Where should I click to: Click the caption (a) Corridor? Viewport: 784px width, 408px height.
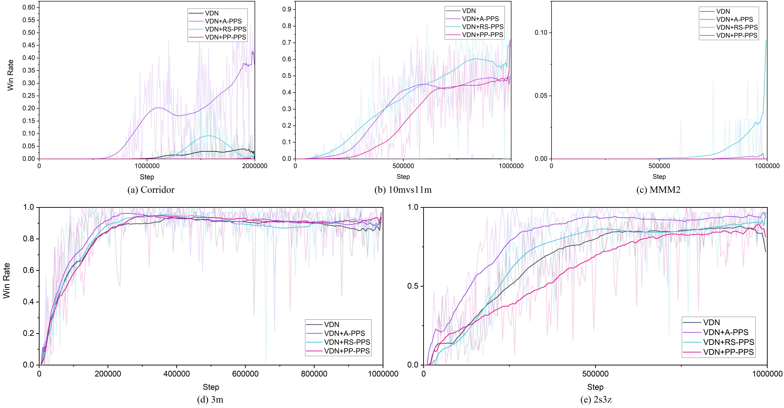151,190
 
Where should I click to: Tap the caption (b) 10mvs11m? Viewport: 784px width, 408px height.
403,190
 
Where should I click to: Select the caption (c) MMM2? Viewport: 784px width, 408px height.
658,190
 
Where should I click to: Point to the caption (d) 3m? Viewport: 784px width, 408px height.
210,399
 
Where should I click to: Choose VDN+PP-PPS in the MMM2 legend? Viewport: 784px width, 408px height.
737,35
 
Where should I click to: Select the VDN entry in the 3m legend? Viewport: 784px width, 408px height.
331,325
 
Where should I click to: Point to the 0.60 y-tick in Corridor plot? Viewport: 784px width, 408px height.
29,7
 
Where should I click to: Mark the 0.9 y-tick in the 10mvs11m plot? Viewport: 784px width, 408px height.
287,9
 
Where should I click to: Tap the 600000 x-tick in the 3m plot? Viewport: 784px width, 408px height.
245,374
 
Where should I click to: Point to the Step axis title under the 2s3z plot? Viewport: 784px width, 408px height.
595,387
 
